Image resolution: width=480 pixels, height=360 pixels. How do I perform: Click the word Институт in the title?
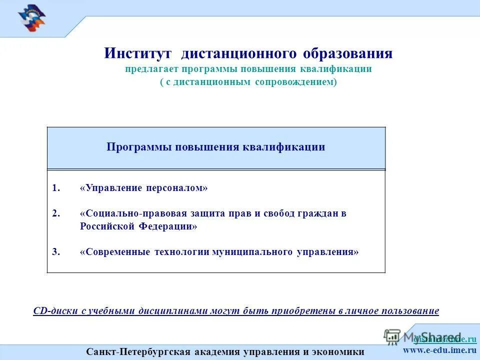click(138, 53)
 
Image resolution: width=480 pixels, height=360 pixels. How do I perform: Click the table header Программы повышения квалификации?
click(216, 147)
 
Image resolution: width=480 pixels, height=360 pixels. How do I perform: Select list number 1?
click(56, 188)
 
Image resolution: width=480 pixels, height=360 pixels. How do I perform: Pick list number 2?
click(56, 213)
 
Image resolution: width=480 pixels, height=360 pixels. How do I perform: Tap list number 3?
click(56, 252)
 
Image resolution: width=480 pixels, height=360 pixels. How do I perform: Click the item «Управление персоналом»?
click(143, 188)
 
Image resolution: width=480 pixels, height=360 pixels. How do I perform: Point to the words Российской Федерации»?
click(138, 226)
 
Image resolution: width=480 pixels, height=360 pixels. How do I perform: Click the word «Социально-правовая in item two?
click(132, 213)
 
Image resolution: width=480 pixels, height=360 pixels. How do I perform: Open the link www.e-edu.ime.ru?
click(439, 349)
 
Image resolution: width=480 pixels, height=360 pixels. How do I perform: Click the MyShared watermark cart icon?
click(392, 336)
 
